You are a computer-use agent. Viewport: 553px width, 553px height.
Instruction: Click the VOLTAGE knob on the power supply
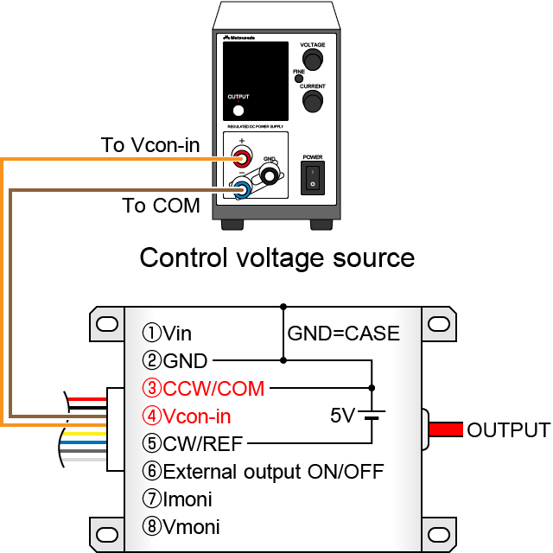tap(312, 59)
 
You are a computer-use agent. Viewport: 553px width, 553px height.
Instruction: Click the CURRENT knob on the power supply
tap(312, 101)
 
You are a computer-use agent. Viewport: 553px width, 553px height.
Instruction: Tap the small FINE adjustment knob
tap(299, 79)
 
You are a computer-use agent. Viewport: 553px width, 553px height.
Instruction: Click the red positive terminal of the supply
tap(243, 158)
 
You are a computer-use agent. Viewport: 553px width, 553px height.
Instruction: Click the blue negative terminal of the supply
tap(243, 187)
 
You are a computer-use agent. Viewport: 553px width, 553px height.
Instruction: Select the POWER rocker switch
tap(312, 178)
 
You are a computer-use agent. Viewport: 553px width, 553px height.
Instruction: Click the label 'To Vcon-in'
tap(150, 145)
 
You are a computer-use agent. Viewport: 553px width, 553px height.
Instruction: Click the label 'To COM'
tap(161, 206)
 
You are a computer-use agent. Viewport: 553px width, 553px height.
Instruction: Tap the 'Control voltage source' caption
tap(276, 257)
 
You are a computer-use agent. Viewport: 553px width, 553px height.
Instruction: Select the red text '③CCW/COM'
tap(204, 388)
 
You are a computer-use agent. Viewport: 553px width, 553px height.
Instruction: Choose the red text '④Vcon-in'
tap(188, 416)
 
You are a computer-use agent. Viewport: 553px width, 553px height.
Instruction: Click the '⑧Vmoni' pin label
tap(181, 527)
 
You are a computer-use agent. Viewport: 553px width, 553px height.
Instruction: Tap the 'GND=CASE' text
tap(344, 333)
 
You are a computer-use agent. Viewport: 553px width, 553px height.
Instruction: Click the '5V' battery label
tap(343, 416)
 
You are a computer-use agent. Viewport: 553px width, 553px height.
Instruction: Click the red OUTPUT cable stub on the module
tap(445, 429)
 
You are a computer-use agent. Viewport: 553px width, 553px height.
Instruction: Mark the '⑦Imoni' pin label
tap(178, 499)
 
